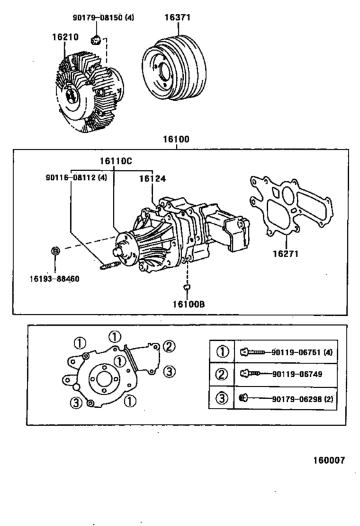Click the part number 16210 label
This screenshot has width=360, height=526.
tap(65, 37)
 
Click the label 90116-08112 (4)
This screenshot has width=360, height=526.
tap(76, 179)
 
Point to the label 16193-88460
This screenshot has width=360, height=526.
tap(55, 279)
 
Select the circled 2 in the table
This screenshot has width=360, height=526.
tap(222, 374)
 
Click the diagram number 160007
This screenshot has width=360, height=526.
tap(329, 460)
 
